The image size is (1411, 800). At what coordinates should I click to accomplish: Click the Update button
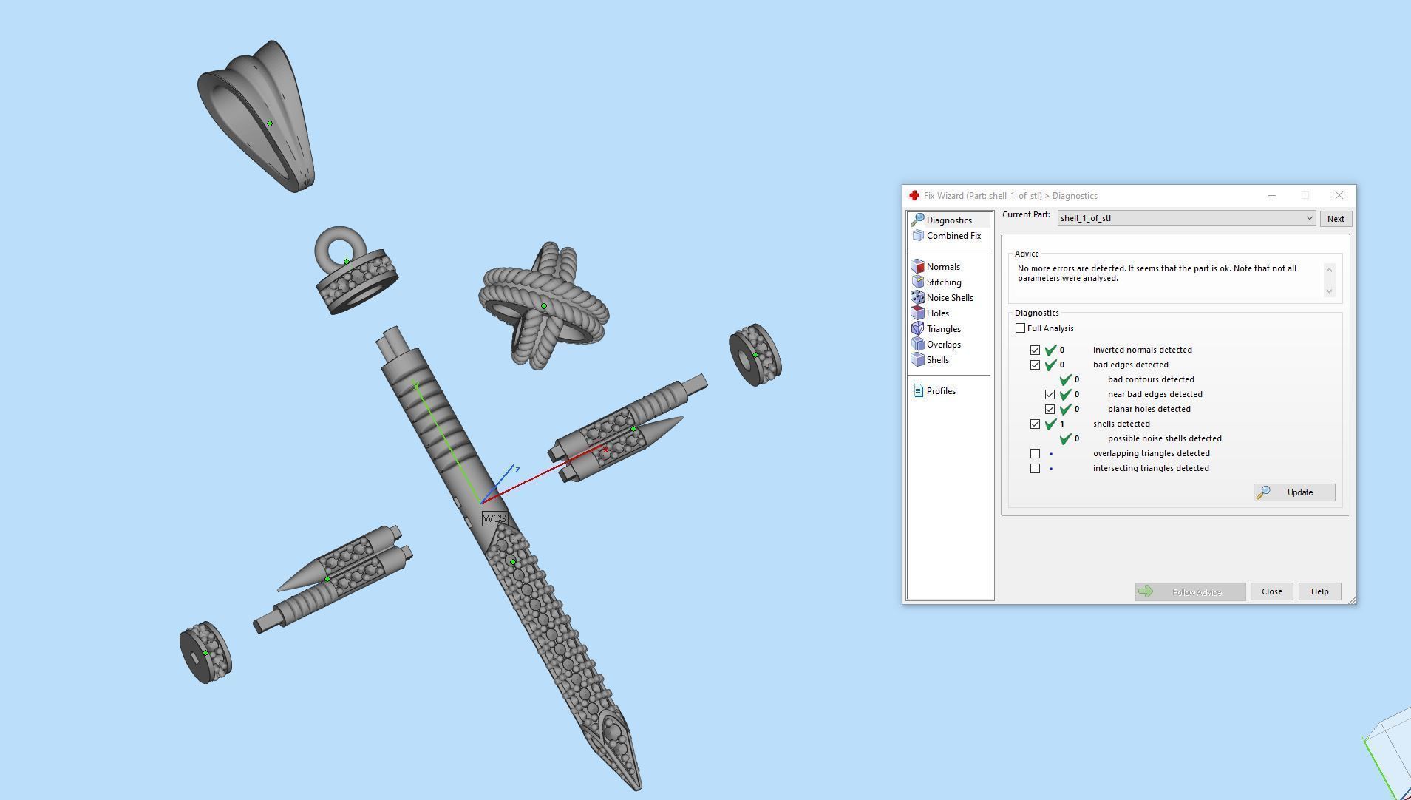(x=1293, y=492)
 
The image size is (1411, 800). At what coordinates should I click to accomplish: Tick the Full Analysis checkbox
(x=1021, y=328)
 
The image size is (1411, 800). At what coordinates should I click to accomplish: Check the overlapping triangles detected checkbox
(x=1035, y=453)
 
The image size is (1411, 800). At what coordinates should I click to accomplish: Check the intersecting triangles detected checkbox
(x=1035, y=468)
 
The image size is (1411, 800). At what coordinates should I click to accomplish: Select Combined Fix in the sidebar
(x=953, y=236)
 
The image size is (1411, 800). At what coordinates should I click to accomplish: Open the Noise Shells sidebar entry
(x=949, y=298)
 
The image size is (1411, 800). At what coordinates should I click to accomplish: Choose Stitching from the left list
(x=943, y=282)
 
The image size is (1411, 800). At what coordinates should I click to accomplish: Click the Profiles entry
(x=940, y=391)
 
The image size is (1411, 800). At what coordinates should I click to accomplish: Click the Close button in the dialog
(x=1271, y=591)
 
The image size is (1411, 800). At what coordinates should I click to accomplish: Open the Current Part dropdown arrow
(x=1309, y=218)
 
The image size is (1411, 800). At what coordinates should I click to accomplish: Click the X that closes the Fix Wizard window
(x=1339, y=196)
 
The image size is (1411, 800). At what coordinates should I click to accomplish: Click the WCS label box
(x=494, y=518)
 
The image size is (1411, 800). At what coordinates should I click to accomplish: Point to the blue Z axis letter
(x=517, y=470)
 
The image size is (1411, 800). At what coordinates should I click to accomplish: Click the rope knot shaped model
(x=543, y=305)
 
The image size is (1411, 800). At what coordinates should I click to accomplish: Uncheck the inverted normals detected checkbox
(x=1035, y=350)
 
